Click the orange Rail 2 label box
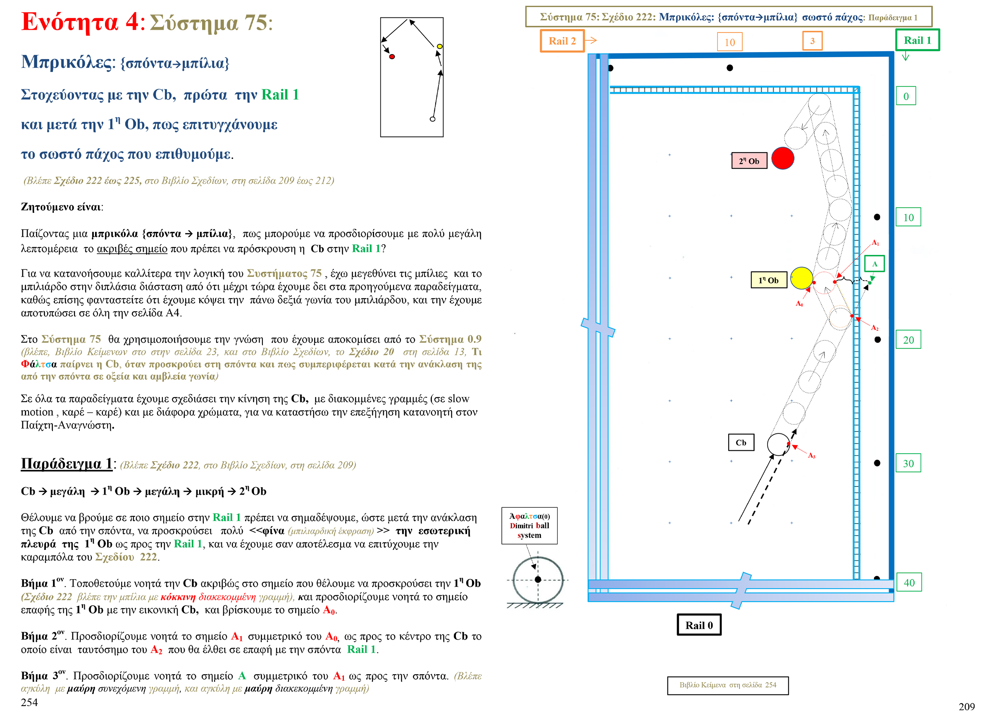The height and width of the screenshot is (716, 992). (562, 41)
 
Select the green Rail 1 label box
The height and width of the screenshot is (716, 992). (917, 40)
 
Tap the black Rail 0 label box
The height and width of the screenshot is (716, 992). (699, 625)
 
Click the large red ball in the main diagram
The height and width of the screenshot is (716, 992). (782, 158)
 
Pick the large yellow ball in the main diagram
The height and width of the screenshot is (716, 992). (801, 278)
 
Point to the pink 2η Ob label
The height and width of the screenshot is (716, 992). (749, 161)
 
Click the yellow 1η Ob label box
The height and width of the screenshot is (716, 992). (768, 280)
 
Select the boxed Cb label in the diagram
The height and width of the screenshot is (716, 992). (741, 442)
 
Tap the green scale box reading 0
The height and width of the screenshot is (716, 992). (906, 96)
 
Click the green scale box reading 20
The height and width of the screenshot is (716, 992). (908, 340)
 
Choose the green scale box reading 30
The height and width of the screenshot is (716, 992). (908, 463)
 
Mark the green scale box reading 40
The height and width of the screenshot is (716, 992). (909, 583)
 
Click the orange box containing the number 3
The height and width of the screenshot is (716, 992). (812, 41)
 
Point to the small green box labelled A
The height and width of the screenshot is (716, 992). (874, 264)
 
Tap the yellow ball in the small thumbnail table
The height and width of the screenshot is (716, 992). (439, 46)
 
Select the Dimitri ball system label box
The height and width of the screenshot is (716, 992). (529, 526)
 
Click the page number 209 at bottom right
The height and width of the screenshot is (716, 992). (966, 706)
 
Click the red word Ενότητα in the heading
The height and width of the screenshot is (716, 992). (69, 22)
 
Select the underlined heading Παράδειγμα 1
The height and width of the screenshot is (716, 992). (67, 463)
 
